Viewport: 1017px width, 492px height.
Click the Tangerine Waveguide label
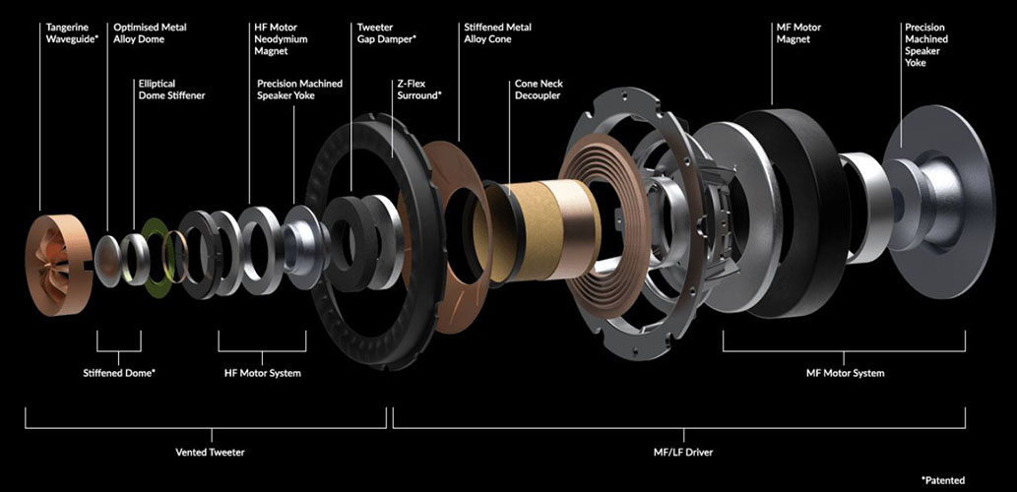tap(72, 33)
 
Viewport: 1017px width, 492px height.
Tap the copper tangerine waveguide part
tap(58, 265)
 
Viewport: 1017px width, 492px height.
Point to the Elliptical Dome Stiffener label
tap(172, 90)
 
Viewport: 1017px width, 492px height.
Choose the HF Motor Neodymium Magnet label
tap(281, 39)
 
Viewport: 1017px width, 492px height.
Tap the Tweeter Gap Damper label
tap(387, 33)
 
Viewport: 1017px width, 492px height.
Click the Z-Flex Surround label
tap(419, 90)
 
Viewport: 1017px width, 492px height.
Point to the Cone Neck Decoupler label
tap(539, 90)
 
